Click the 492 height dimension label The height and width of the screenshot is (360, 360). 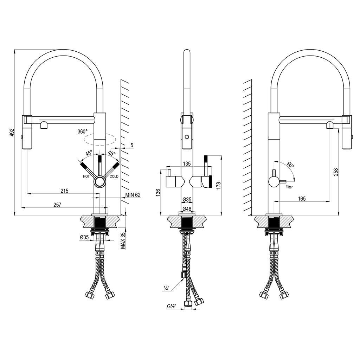tap(12, 133)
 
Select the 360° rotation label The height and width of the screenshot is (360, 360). tap(83, 131)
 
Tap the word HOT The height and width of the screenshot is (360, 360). tap(86, 176)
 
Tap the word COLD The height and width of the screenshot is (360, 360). tap(114, 176)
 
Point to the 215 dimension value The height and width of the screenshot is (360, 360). tap(65, 191)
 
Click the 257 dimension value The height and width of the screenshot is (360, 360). tap(57, 205)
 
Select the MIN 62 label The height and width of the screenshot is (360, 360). tap(133, 195)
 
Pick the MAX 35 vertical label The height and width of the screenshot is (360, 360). tap(123, 240)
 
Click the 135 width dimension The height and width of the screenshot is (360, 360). tap(187, 163)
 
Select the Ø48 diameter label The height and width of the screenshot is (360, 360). tap(187, 209)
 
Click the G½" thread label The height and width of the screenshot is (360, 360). tap(172, 306)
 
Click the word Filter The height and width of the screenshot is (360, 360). tap(289, 187)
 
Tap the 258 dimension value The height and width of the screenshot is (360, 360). tap(336, 172)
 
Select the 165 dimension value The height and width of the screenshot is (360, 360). tap(302, 198)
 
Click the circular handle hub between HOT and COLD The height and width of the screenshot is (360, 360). tap(99, 182)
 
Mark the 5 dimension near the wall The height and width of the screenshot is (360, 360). tap(131, 145)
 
